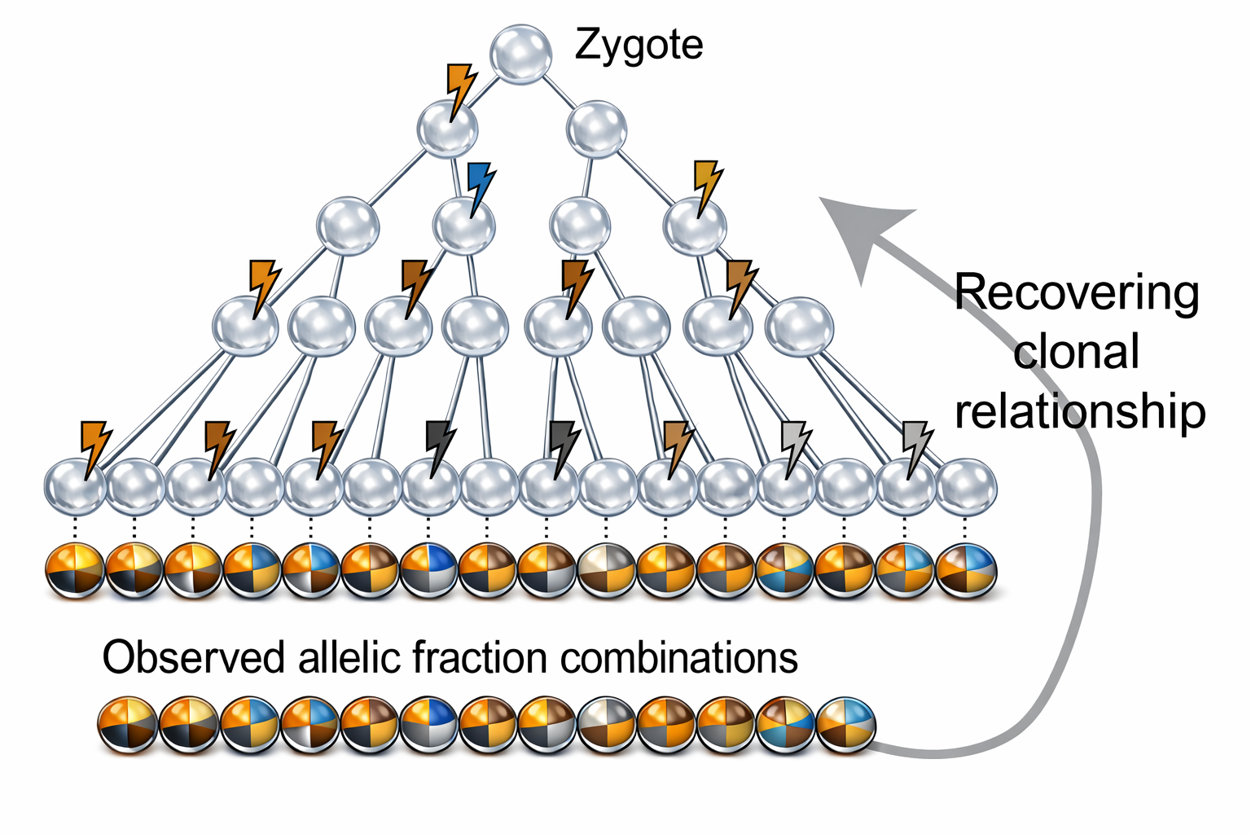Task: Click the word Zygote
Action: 639,46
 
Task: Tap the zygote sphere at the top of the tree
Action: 521,55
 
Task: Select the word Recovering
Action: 1077,293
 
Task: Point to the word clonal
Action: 1076,351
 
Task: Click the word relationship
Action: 1080,411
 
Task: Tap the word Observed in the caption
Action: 194,657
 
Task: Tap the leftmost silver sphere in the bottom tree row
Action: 76,486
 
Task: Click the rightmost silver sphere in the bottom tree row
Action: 966,486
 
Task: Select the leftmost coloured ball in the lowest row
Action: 128,725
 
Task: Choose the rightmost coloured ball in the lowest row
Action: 845,725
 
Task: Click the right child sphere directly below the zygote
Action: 596,129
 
